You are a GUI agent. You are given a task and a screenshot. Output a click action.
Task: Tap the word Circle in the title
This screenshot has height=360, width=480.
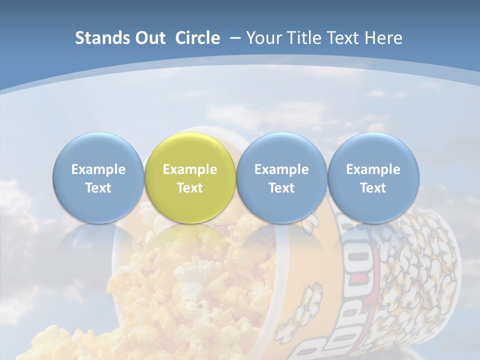197,38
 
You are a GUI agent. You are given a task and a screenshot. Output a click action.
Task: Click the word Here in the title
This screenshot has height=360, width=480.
383,38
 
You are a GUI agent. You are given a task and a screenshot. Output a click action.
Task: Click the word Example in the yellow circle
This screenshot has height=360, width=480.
190,169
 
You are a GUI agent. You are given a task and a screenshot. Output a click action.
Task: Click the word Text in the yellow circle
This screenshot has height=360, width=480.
190,188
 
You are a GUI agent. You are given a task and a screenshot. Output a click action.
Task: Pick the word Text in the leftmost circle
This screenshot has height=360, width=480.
98,188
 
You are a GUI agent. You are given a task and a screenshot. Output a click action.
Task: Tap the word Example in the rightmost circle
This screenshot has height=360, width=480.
373,169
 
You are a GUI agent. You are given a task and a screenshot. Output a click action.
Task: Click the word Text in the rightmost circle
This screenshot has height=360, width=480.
373,188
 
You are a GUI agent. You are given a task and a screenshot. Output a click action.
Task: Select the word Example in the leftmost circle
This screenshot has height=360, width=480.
98,169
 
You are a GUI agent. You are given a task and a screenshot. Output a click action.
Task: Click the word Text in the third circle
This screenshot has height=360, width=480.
281,188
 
